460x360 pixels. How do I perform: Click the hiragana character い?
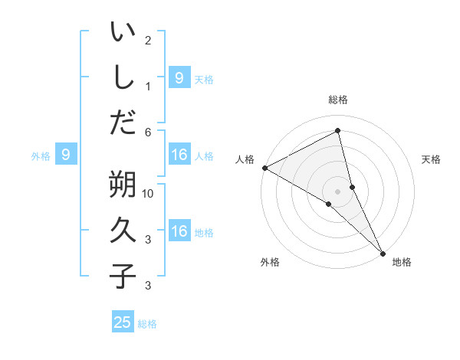coord(123,33)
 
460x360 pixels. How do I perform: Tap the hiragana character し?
coord(123,76)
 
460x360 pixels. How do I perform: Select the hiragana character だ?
coord(123,121)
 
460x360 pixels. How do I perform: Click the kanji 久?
coord(123,229)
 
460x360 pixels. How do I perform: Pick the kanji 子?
coord(123,275)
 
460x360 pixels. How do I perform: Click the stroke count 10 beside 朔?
coord(149,195)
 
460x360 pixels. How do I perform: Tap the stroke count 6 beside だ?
coord(149,133)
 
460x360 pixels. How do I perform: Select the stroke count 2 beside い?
coord(148,40)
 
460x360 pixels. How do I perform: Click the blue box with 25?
coord(123,322)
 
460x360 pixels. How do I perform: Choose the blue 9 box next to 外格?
coord(66,155)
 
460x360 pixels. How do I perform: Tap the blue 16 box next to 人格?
coord(179,155)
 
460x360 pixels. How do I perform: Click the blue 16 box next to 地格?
coord(179,232)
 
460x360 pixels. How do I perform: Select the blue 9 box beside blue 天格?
coord(179,77)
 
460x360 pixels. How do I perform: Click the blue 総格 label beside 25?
coord(147,323)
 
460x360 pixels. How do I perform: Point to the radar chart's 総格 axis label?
coord(338,100)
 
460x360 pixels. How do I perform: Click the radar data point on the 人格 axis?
coord(264,168)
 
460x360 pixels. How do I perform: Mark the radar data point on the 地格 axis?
coord(383,253)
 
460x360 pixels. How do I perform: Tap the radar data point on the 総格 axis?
coord(338,131)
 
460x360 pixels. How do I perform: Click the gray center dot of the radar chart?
coord(338,191)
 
